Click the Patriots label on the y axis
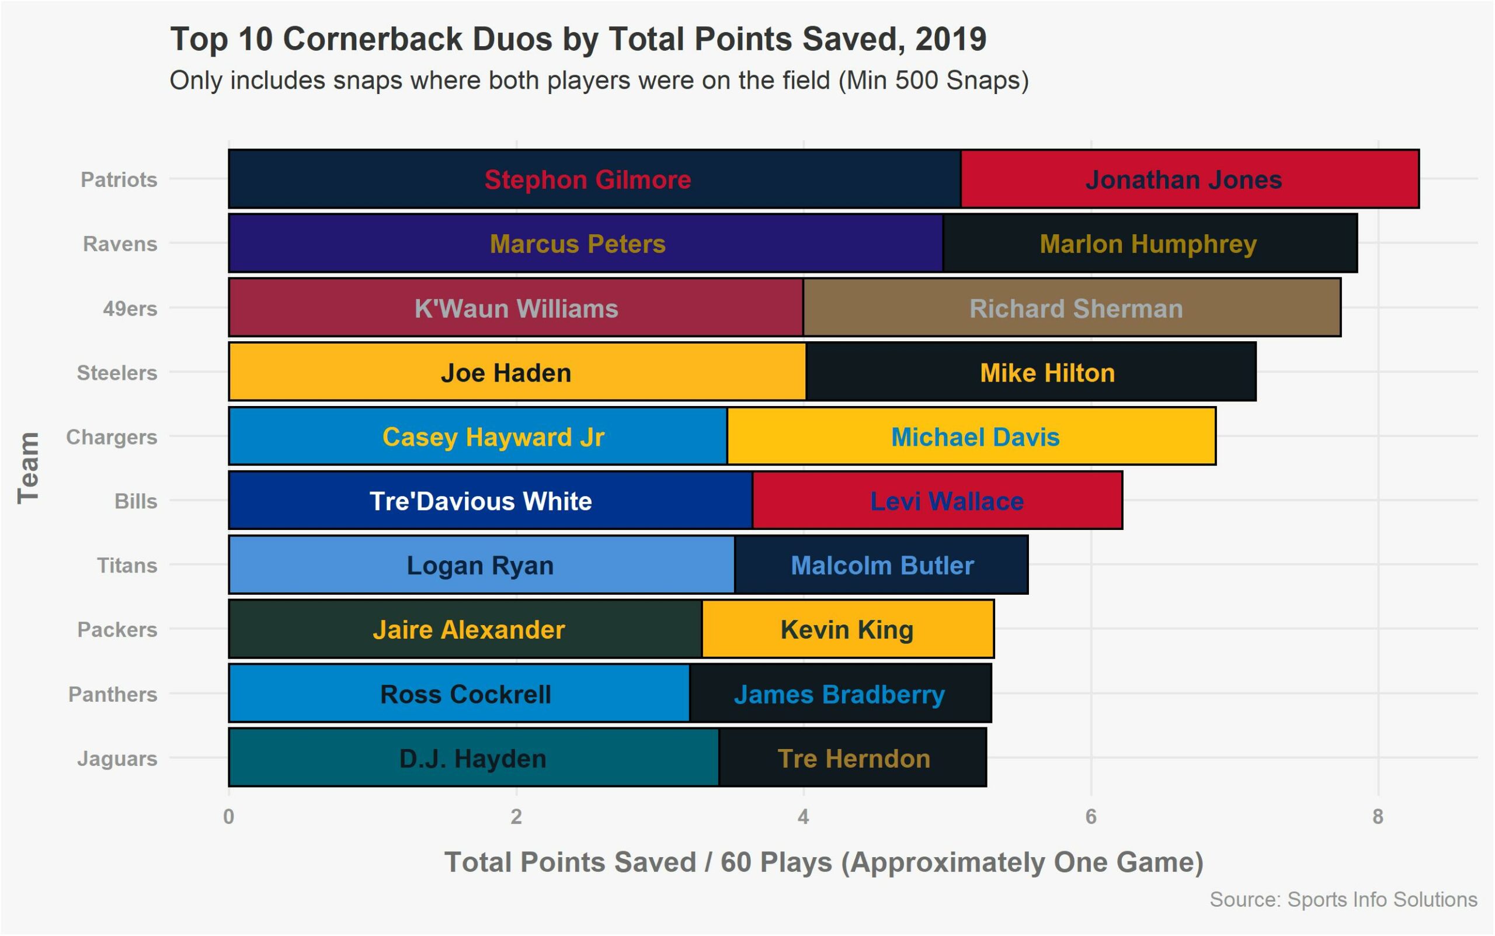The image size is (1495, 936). coord(119,179)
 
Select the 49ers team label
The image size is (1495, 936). coord(130,308)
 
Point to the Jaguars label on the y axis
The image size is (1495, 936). coord(117,758)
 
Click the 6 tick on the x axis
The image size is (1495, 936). coord(1090,817)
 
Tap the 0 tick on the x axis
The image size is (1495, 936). coord(229,817)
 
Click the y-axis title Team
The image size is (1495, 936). coord(29,468)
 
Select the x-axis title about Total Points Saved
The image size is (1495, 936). coord(823,862)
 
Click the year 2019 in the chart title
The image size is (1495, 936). coord(951,39)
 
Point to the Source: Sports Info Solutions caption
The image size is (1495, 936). coord(1343,899)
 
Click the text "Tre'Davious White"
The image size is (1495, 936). coord(480,501)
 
